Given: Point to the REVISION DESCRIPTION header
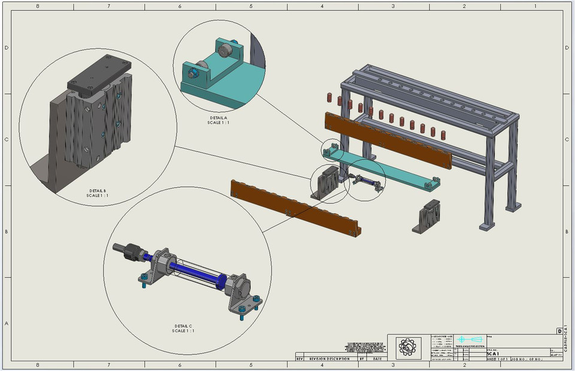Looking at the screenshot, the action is pos(329,359).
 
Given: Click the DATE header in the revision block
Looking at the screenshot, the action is pos(377,359).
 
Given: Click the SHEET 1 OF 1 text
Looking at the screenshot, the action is pos(498,359).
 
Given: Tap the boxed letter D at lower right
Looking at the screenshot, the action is pos(559,331).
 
